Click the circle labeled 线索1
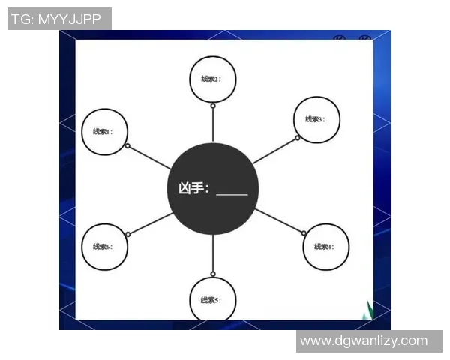point(103,132)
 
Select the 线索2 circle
point(212,79)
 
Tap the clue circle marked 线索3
point(316,119)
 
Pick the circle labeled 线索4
point(325,246)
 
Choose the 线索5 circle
point(212,299)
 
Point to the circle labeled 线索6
point(103,246)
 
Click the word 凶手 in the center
point(190,188)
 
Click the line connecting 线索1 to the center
point(150,157)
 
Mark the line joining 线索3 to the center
point(274,151)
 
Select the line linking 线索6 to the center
point(151,223)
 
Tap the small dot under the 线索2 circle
point(213,106)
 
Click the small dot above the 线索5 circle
point(213,274)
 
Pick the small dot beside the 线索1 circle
point(128,146)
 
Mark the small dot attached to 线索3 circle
point(297,138)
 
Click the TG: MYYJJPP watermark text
point(59,19)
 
